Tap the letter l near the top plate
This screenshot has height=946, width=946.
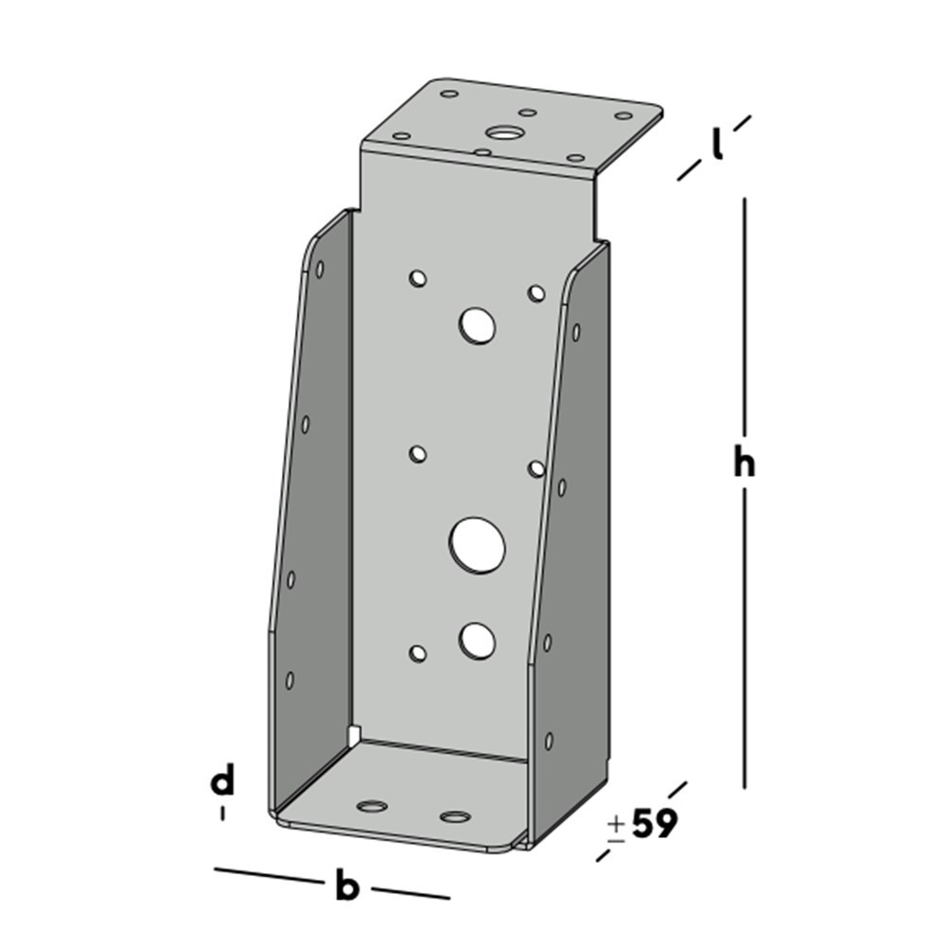(x=718, y=145)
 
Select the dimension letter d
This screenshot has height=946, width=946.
(x=222, y=782)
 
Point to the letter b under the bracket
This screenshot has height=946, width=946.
(x=348, y=887)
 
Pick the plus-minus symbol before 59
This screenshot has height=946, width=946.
(x=616, y=828)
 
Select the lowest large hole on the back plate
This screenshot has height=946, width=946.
(x=477, y=640)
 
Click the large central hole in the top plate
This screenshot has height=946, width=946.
(x=502, y=133)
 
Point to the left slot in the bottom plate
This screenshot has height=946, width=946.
(x=372, y=807)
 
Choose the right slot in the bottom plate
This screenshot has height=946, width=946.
(x=455, y=816)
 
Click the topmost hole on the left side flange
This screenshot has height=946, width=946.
(x=320, y=270)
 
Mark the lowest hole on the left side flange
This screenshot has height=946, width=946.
(x=289, y=680)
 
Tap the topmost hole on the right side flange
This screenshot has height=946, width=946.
(x=575, y=332)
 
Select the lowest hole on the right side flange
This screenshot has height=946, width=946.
(x=548, y=740)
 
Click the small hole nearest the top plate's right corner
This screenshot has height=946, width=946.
(x=623, y=115)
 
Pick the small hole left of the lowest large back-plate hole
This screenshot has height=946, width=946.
(x=417, y=652)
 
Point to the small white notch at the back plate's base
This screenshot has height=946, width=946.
(x=353, y=733)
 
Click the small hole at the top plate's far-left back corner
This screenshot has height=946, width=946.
(x=449, y=95)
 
